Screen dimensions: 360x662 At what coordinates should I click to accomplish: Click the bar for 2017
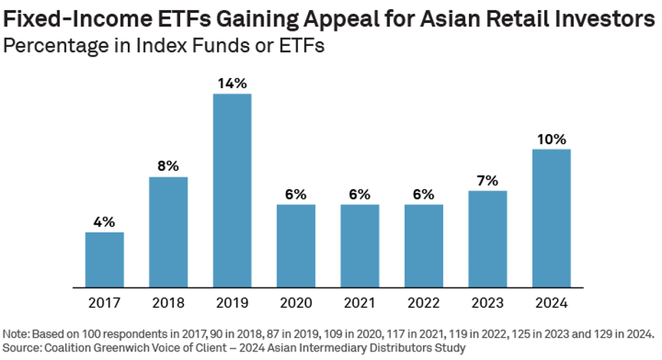[x=104, y=260]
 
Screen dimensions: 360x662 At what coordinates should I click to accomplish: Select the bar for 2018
[x=168, y=232]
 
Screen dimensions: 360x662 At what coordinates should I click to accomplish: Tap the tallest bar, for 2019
[x=232, y=191]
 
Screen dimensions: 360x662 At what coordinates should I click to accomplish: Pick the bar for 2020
[x=296, y=246]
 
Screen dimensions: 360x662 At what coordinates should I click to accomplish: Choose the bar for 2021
[x=360, y=246]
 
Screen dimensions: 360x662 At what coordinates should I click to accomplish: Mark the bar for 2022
[x=424, y=246]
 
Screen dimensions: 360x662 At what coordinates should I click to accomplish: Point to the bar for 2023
[x=487, y=239]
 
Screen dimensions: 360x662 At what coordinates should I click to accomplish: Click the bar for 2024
[x=552, y=218]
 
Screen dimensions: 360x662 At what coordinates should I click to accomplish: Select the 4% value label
[x=104, y=222]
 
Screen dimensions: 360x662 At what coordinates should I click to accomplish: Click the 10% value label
[x=552, y=139]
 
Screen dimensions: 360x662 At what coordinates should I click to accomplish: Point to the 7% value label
[x=487, y=181]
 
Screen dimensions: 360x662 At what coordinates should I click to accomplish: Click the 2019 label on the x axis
[x=232, y=303]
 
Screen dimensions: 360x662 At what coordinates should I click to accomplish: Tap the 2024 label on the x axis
[x=552, y=303]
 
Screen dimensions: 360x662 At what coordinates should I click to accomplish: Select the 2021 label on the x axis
[x=360, y=303]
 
